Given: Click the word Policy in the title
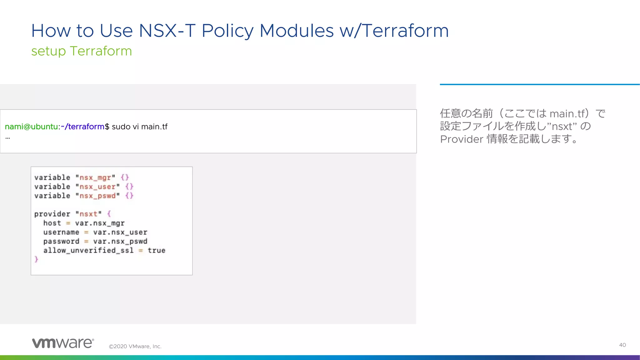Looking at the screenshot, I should coord(227,31).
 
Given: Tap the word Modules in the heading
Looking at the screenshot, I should coord(297,31).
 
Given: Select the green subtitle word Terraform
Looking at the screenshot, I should coord(101,51).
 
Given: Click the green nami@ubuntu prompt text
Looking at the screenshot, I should coord(31,127).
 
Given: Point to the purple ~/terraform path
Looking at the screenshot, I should coord(82,127).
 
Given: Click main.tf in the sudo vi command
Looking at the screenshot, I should coord(154,127).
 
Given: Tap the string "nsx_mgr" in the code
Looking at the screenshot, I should coord(95,177).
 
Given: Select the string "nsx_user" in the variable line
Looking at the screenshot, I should coord(97,187).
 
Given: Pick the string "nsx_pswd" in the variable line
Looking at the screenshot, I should coord(97,196).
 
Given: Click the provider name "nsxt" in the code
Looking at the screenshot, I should coord(88,214).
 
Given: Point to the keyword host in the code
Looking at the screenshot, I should coord(52,223).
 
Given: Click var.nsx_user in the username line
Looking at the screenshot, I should coord(120,232).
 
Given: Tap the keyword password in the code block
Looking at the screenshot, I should coord(61,241).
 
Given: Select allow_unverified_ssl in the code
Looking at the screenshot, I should coord(88,250).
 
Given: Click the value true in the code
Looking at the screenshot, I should coord(156,250).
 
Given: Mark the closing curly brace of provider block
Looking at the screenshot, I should coord(36,259).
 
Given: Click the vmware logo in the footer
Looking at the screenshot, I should coord(63,343).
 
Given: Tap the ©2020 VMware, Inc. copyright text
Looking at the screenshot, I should coord(135,346).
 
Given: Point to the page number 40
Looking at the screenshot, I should coord(622,345).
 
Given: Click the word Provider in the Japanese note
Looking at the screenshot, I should coord(462,139).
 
